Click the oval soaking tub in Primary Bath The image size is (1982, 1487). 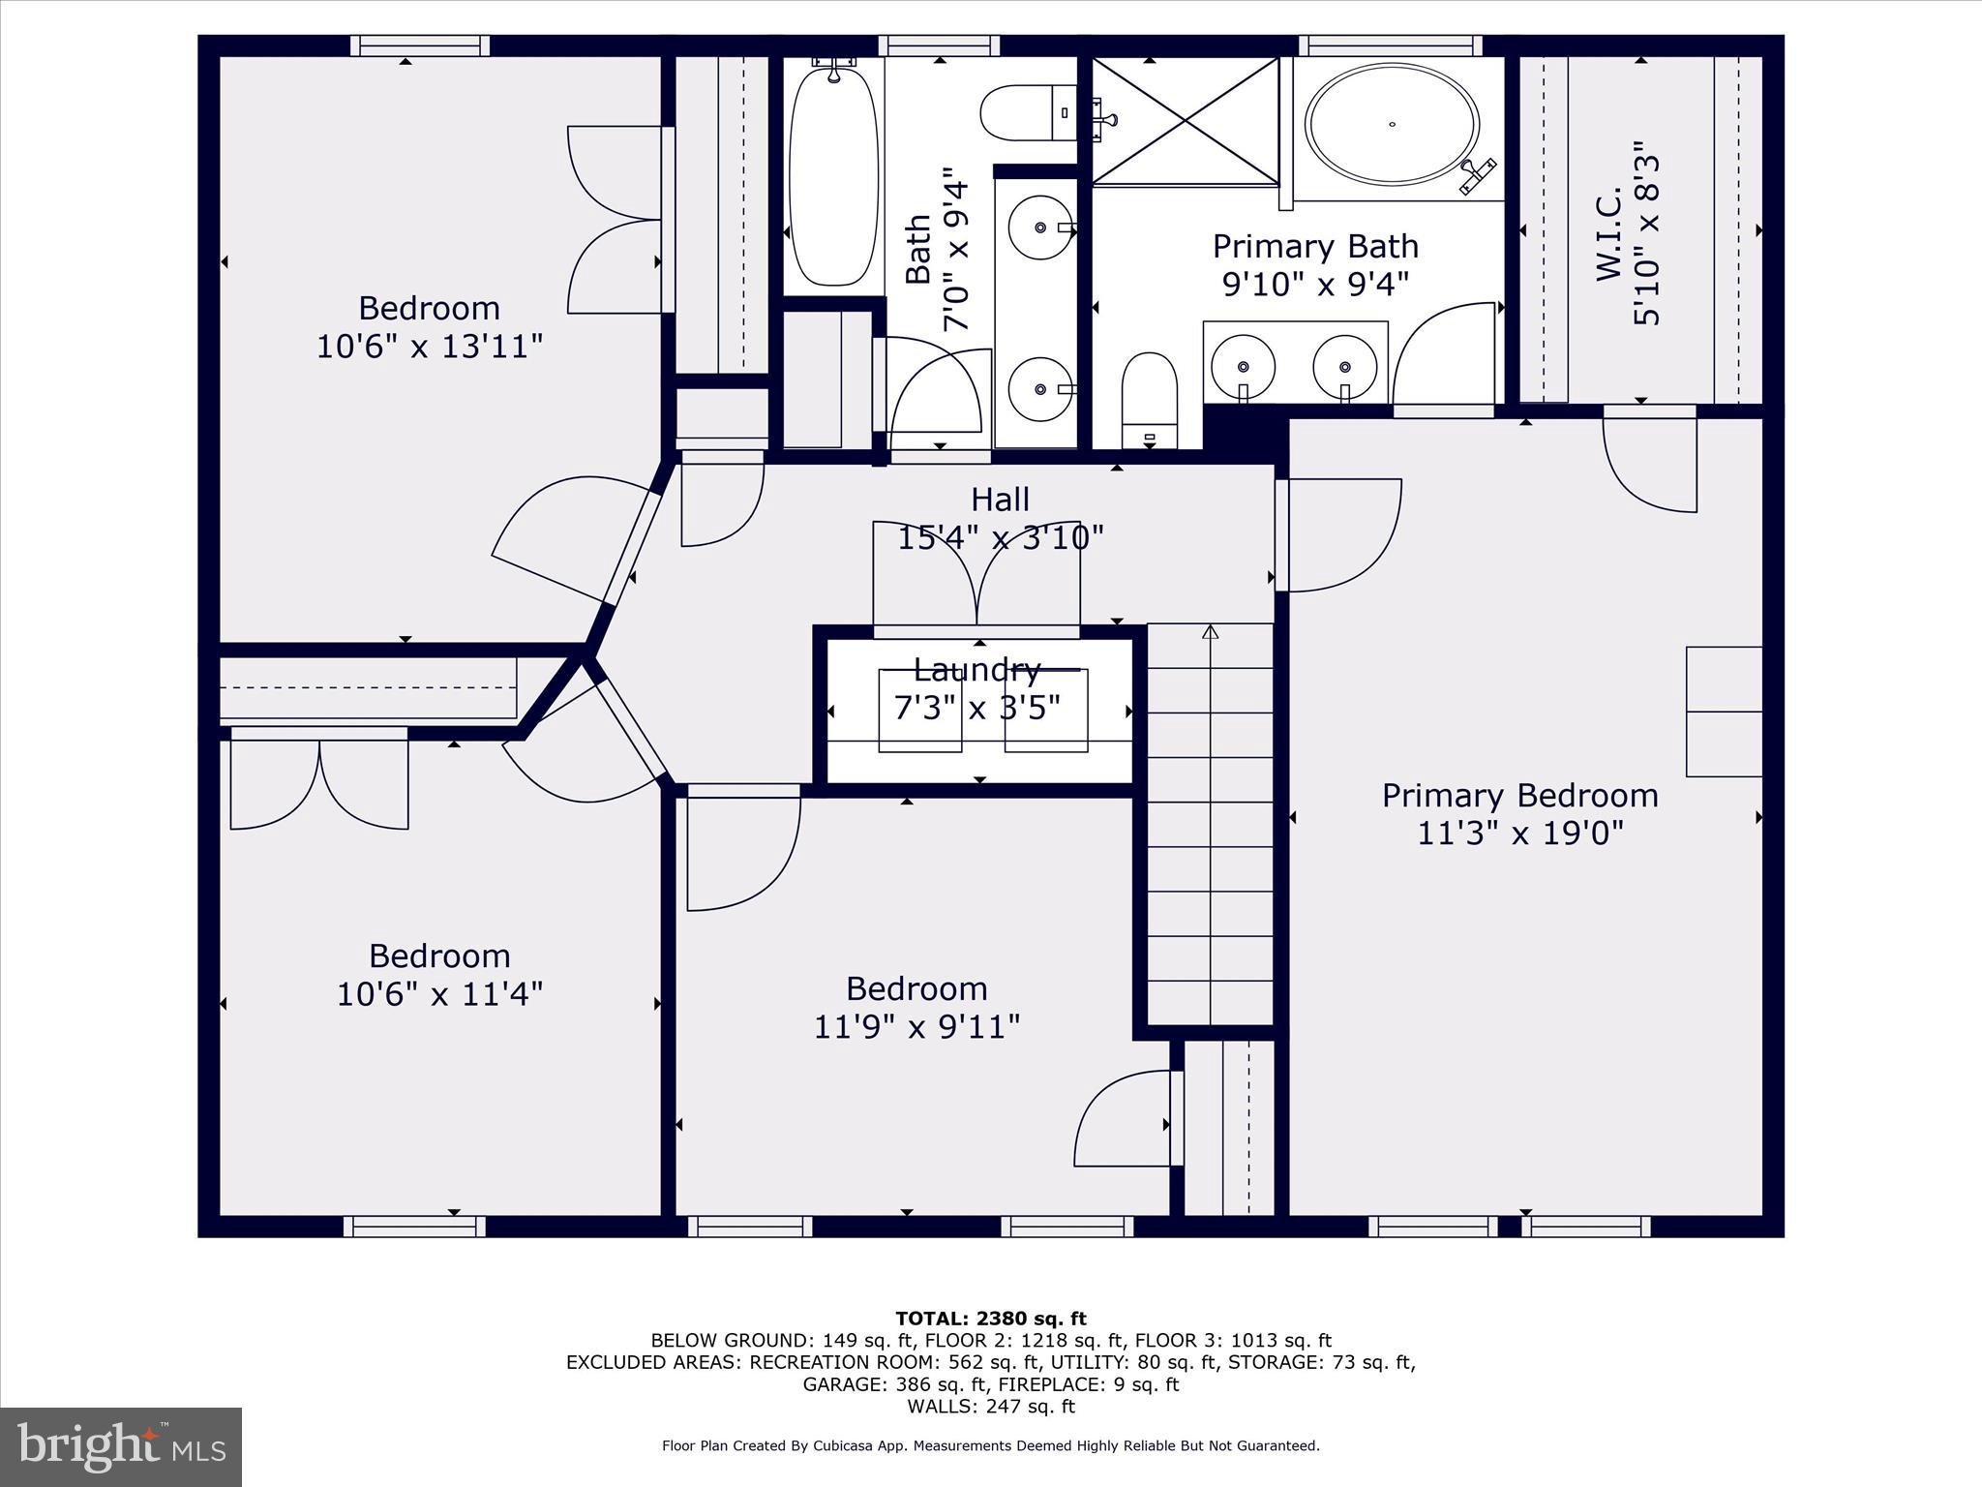1392,124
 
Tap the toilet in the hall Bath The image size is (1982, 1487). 1026,113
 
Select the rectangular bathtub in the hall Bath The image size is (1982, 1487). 834,174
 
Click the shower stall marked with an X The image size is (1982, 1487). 1186,121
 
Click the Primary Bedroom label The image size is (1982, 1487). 1519,796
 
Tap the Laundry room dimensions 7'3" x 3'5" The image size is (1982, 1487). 977,708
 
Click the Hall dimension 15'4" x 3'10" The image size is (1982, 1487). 1001,537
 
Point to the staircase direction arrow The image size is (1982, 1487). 1210,633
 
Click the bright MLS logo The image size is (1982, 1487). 121,1446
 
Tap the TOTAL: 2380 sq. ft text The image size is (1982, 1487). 991,1319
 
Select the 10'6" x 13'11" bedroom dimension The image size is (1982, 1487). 430,346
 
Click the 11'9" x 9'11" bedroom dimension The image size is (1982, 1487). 916,1026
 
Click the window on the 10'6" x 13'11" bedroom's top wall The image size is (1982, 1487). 420,46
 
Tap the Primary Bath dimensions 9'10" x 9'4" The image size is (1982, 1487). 1315,284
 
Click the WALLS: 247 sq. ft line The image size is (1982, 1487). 991,1407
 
